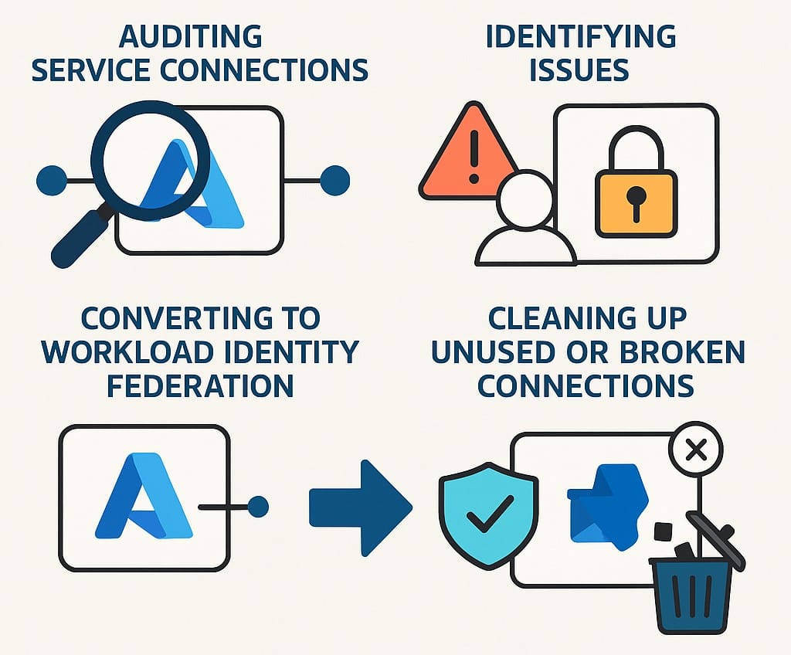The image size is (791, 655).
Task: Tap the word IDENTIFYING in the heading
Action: [x=580, y=36]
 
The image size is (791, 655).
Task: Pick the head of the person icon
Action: [x=525, y=199]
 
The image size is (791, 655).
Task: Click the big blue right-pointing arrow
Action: [x=360, y=507]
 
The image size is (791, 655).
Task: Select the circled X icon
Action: [x=696, y=450]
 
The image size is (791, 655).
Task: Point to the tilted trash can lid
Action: [x=715, y=537]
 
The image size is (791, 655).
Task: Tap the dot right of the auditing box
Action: [x=334, y=180]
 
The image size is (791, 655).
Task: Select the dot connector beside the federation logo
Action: [x=257, y=507]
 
